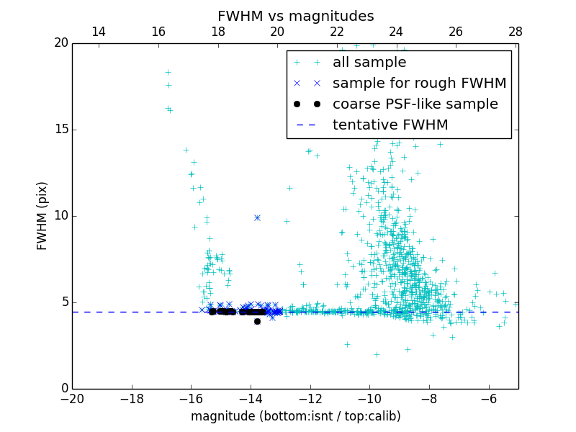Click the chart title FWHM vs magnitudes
pos(295,16)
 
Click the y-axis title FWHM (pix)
pos(42,216)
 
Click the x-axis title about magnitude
pos(295,416)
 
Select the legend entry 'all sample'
pos(369,63)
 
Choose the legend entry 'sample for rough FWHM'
pos(419,84)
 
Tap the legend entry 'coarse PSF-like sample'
pos(415,104)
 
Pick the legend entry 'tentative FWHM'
pos(390,125)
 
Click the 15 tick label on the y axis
pos(60,130)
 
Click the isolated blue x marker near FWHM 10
pos(257,217)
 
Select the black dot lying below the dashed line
pos(257,321)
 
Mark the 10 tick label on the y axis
pos(60,216)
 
